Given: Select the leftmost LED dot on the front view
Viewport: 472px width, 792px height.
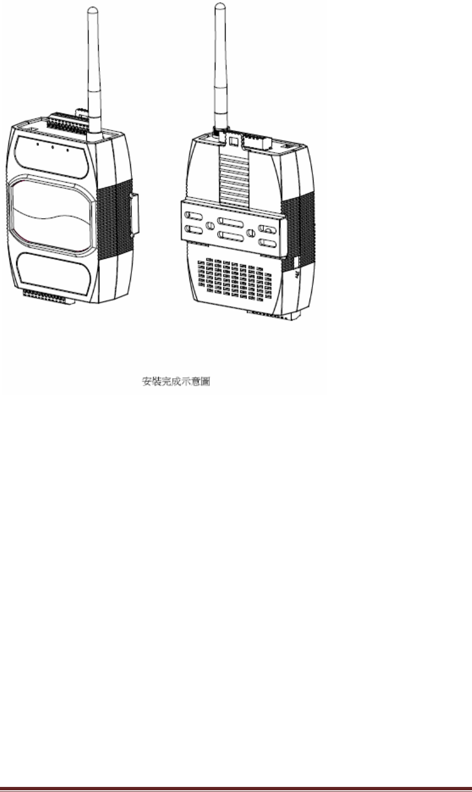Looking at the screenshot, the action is tap(37, 144).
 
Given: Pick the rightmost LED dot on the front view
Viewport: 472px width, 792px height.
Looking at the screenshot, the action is tap(67, 150).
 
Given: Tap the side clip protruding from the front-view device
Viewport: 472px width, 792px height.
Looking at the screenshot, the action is tap(134, 214).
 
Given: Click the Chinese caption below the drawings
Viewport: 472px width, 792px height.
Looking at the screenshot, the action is tap(175, 382).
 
